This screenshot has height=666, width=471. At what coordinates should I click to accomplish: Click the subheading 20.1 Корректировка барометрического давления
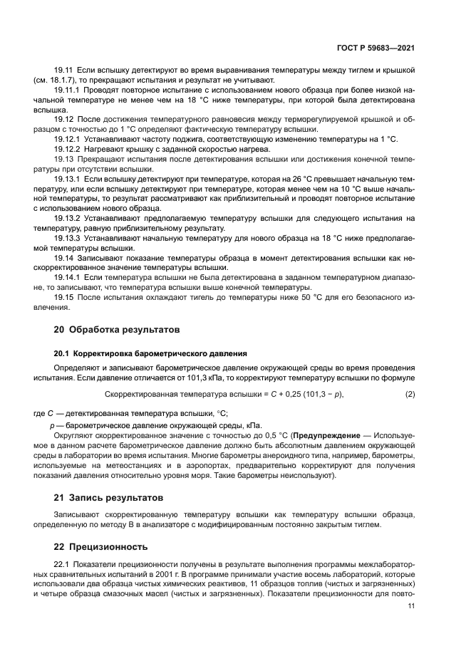click(151, 353)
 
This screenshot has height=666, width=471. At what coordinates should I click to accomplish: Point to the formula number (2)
click(410, 394)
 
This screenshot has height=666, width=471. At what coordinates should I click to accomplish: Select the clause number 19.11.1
click(68, 92)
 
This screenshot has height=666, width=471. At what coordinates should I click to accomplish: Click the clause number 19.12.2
click(68, 149)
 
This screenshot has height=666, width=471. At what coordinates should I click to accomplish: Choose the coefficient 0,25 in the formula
click(291, 394)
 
